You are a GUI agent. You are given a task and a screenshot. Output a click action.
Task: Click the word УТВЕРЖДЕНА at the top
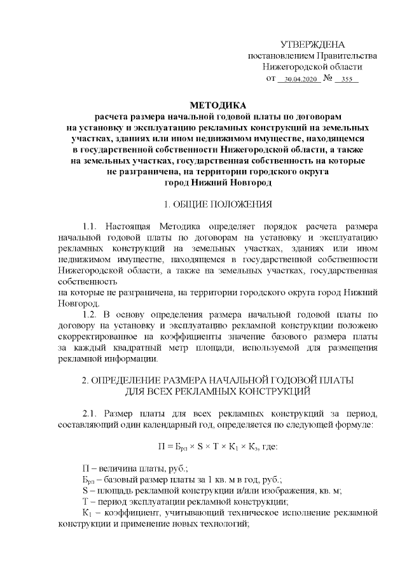[x=312, y=45]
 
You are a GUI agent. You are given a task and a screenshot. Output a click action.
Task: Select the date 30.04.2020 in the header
[x=299, y=80]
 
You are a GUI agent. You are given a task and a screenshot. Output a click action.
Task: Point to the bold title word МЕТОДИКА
[x=217, y=105]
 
